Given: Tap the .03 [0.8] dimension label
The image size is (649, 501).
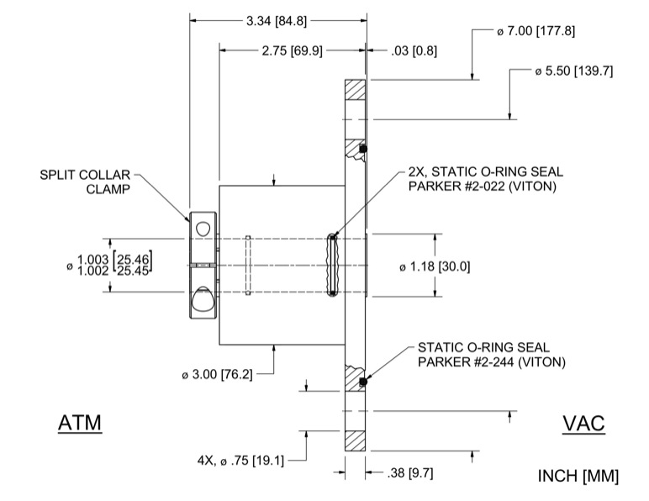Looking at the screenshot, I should point(414,50).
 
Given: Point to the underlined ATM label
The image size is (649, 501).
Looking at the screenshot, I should point(80,423).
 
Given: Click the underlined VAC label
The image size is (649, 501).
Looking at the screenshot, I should point(583,423).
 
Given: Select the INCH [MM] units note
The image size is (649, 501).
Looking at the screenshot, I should point(578,477).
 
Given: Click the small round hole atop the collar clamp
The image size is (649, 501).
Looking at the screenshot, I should point(203,228).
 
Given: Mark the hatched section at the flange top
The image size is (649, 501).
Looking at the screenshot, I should point(356,88).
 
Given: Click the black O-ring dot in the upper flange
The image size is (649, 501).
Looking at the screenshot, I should point(363,149).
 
